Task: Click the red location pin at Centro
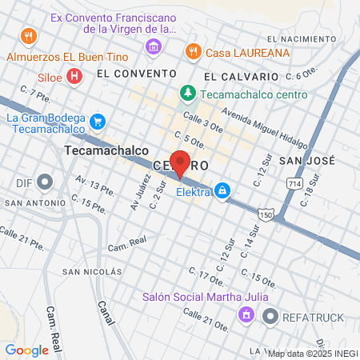(180, 163)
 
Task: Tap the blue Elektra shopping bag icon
(222, 191)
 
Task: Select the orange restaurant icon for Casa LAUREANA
(192, 51)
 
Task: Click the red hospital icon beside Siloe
(74, 76)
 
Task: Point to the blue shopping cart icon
(98, 121)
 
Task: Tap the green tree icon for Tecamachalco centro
(187, 93)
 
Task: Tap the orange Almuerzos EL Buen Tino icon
(28, 35)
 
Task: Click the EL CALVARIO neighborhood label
(241, 76)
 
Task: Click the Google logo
(26, 350)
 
